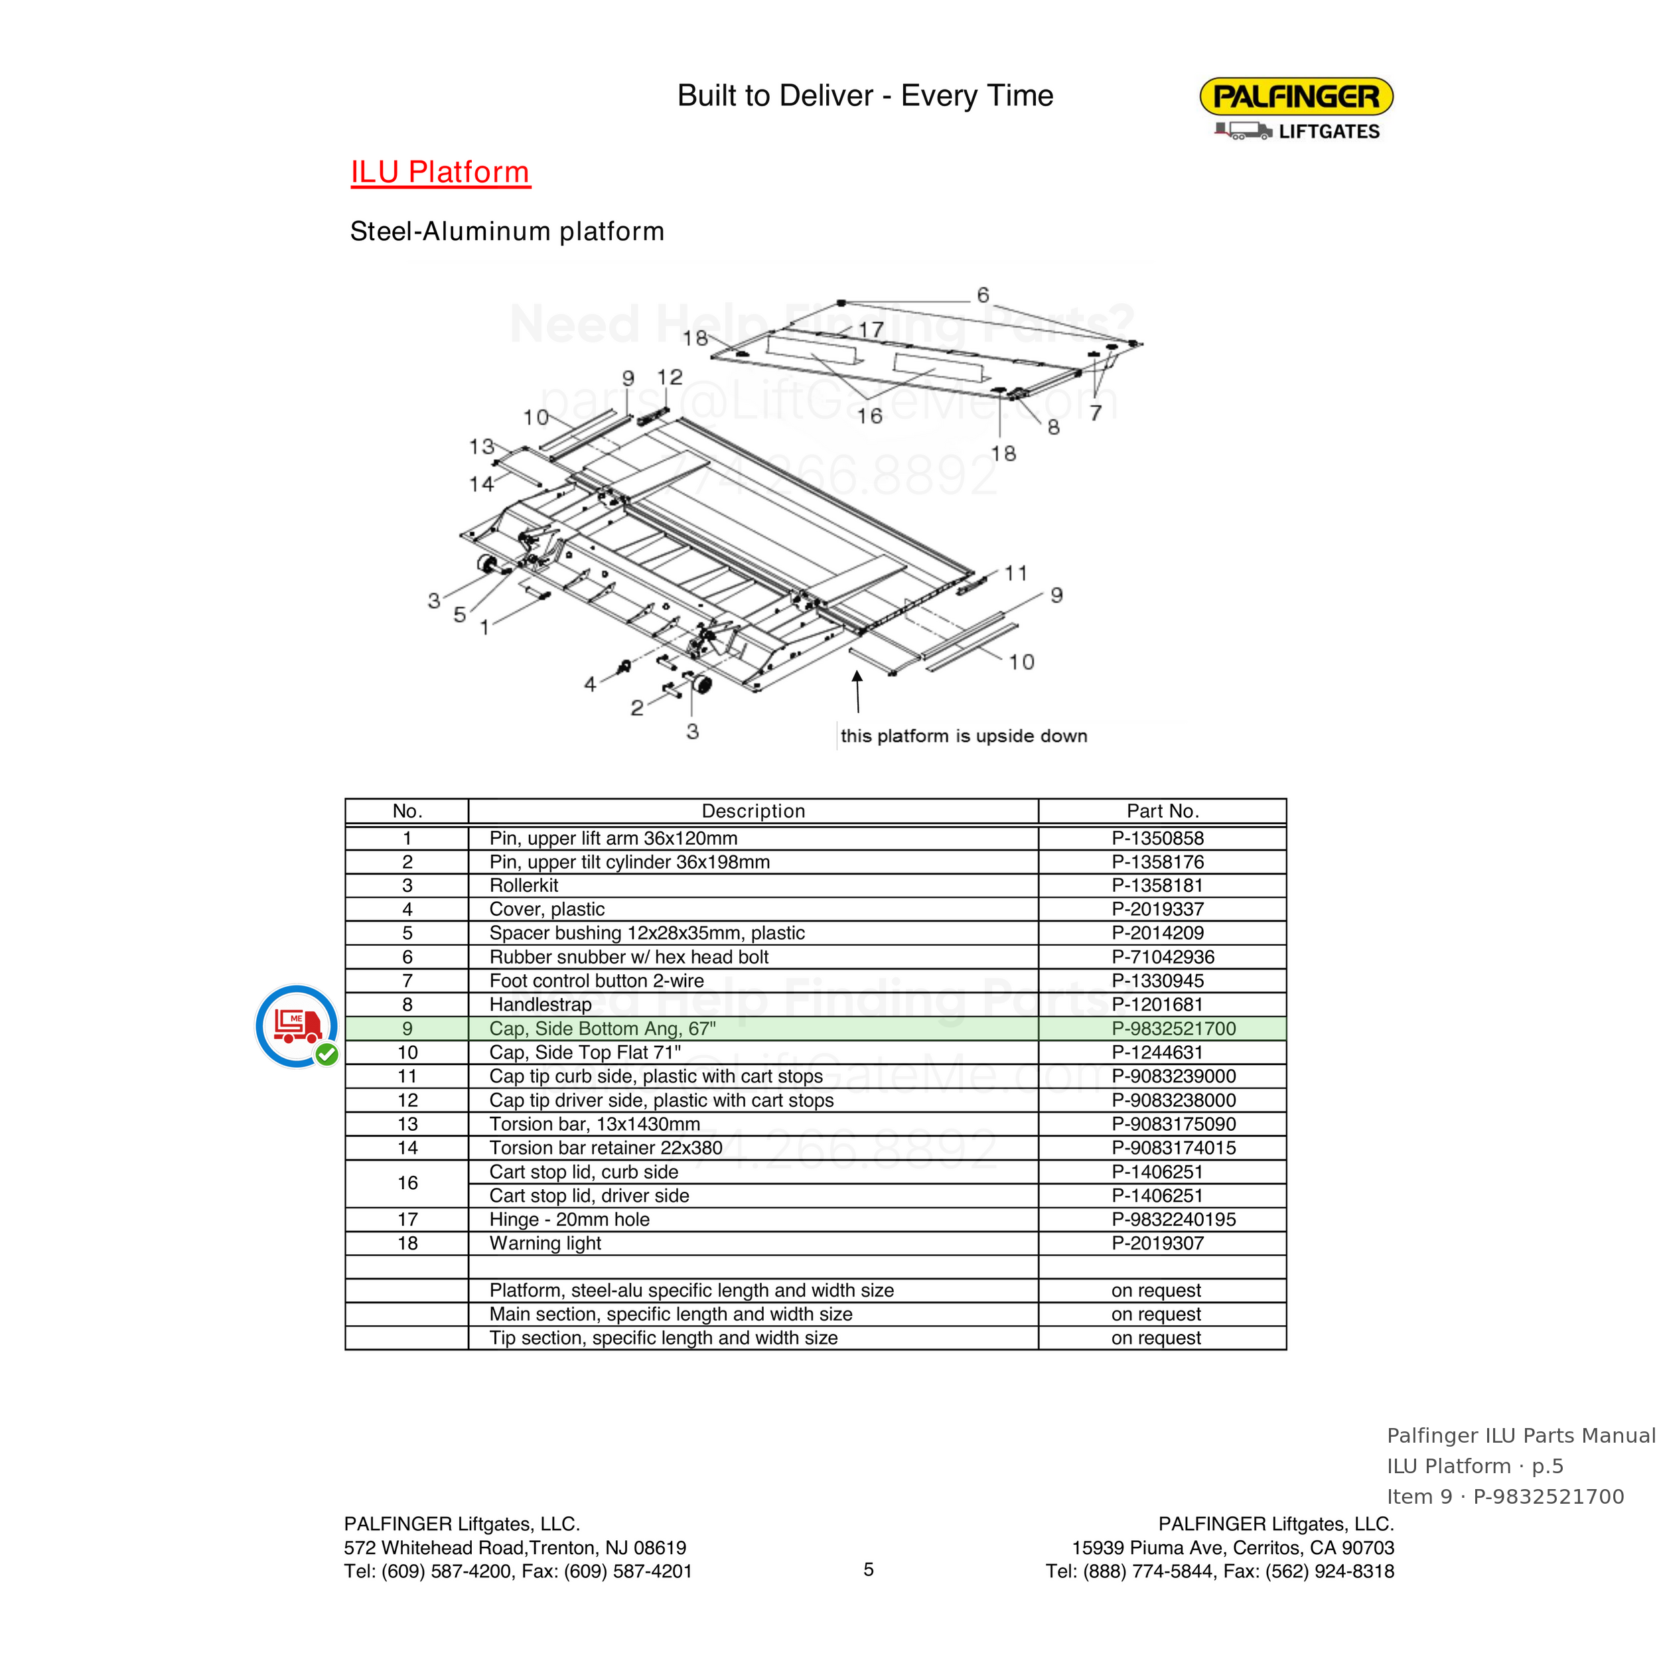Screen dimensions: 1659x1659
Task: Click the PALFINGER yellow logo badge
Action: pos(1296,96)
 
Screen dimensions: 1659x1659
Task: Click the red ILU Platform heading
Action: pos(441,172)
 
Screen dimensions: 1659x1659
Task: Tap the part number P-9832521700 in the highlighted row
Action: pos(1173,1029)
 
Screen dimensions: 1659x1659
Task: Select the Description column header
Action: pos(753,812)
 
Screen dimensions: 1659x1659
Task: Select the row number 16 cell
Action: pos(407,1183)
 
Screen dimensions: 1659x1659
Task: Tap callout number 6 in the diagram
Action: pos(983,295)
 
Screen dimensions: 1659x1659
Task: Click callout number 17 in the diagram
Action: pos(871,330)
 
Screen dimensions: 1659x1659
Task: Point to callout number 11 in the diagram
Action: pos(1016,573)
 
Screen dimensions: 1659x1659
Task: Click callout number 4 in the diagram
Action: pos(590,684)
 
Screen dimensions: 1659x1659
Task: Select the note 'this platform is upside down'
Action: pos(964,736)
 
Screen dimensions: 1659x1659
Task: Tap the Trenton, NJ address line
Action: pos(515,1548)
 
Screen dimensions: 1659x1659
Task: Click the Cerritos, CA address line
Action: pos(1233,1548)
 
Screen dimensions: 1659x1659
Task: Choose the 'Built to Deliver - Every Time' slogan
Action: pos(865,96)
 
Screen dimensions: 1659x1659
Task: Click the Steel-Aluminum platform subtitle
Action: pos(506,232)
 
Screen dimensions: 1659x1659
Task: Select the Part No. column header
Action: pos(1163,812)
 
